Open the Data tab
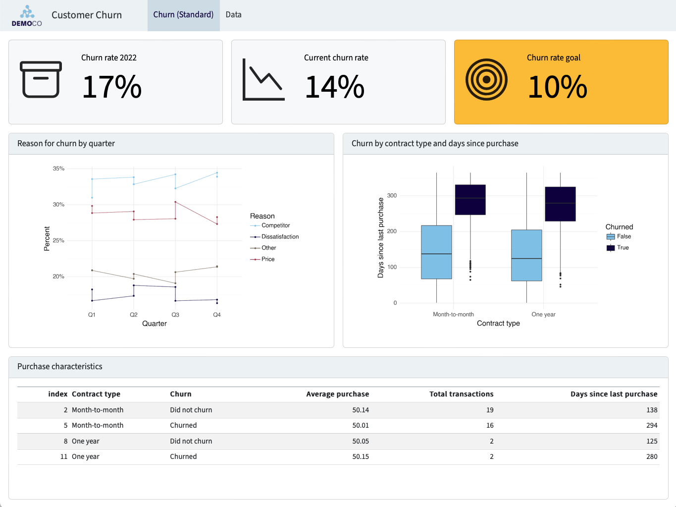tap(233, 15)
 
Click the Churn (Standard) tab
tap(183, 15)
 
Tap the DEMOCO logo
tap(27, 16)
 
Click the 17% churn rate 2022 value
tap(112, 87)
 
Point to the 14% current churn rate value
tap(335, 87)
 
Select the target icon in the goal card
tap(486, 80)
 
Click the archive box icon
tap(41, 79)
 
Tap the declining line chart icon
tap(263, 80)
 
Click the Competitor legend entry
tap(275, 225)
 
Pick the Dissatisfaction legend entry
tap(280, 237)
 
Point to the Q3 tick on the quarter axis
tap(175, 315)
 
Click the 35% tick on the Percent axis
tap(58, 169)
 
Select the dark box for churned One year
tap(560, 204)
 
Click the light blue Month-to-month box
tap(436, 252)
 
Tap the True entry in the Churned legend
tap(623, 248)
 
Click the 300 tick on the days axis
tap(392, 196)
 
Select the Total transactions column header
tap(461, 394)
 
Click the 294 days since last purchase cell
tap(652, 425)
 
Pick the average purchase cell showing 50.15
tap(361, 456)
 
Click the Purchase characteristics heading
tap(60, 367)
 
